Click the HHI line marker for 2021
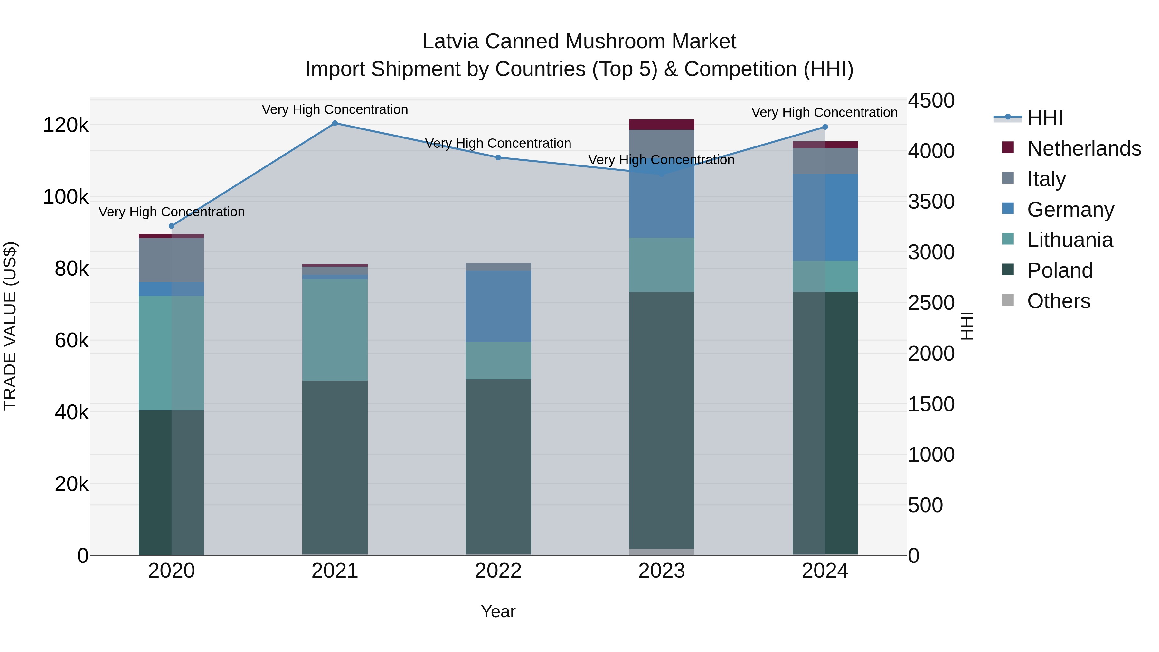pos(335,123)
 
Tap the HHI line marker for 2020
pos(171,226)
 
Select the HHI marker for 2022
pos(498,157)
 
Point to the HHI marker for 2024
pos(825,127)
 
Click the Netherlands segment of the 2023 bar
pos(661,125)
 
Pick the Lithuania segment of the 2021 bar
pos(335,330)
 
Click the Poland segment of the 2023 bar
pos(661,420)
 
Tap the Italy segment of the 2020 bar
pos(171,260)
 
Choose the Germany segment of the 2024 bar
pos(825,217)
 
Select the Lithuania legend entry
pos(1070,240)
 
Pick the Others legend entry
pos(1058,301)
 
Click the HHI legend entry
pos(1045,118)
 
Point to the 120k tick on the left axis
pos(66,125)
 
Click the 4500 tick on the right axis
pos(930,101)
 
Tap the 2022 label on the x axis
pos(498,571)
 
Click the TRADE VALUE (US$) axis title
pos(10,326)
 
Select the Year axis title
pos(498,611)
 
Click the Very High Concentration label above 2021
pos(335,110)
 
